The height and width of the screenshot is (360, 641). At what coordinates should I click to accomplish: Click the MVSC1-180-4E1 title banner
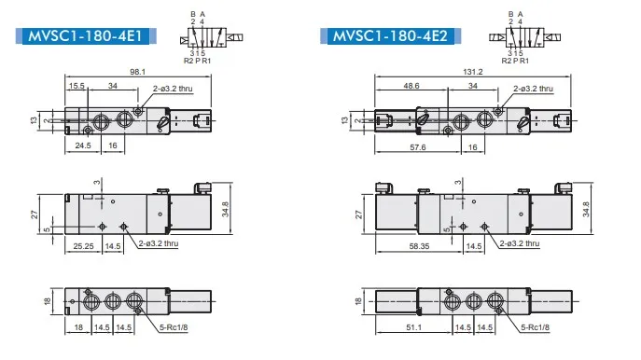86,36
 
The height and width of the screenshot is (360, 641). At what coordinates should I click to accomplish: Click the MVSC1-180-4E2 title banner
390,36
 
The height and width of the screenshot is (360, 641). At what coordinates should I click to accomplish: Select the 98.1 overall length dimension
138,72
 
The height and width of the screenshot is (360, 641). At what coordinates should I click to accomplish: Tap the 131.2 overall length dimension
472,72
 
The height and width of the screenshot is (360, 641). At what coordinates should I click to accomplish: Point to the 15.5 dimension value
77,86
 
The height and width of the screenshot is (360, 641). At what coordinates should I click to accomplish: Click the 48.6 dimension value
411,86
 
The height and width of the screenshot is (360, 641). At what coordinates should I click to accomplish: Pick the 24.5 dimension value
83,145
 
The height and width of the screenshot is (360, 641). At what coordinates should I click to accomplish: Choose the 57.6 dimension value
418,147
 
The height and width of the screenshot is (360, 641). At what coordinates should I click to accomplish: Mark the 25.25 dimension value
83,246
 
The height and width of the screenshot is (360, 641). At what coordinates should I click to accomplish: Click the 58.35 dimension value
420,246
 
